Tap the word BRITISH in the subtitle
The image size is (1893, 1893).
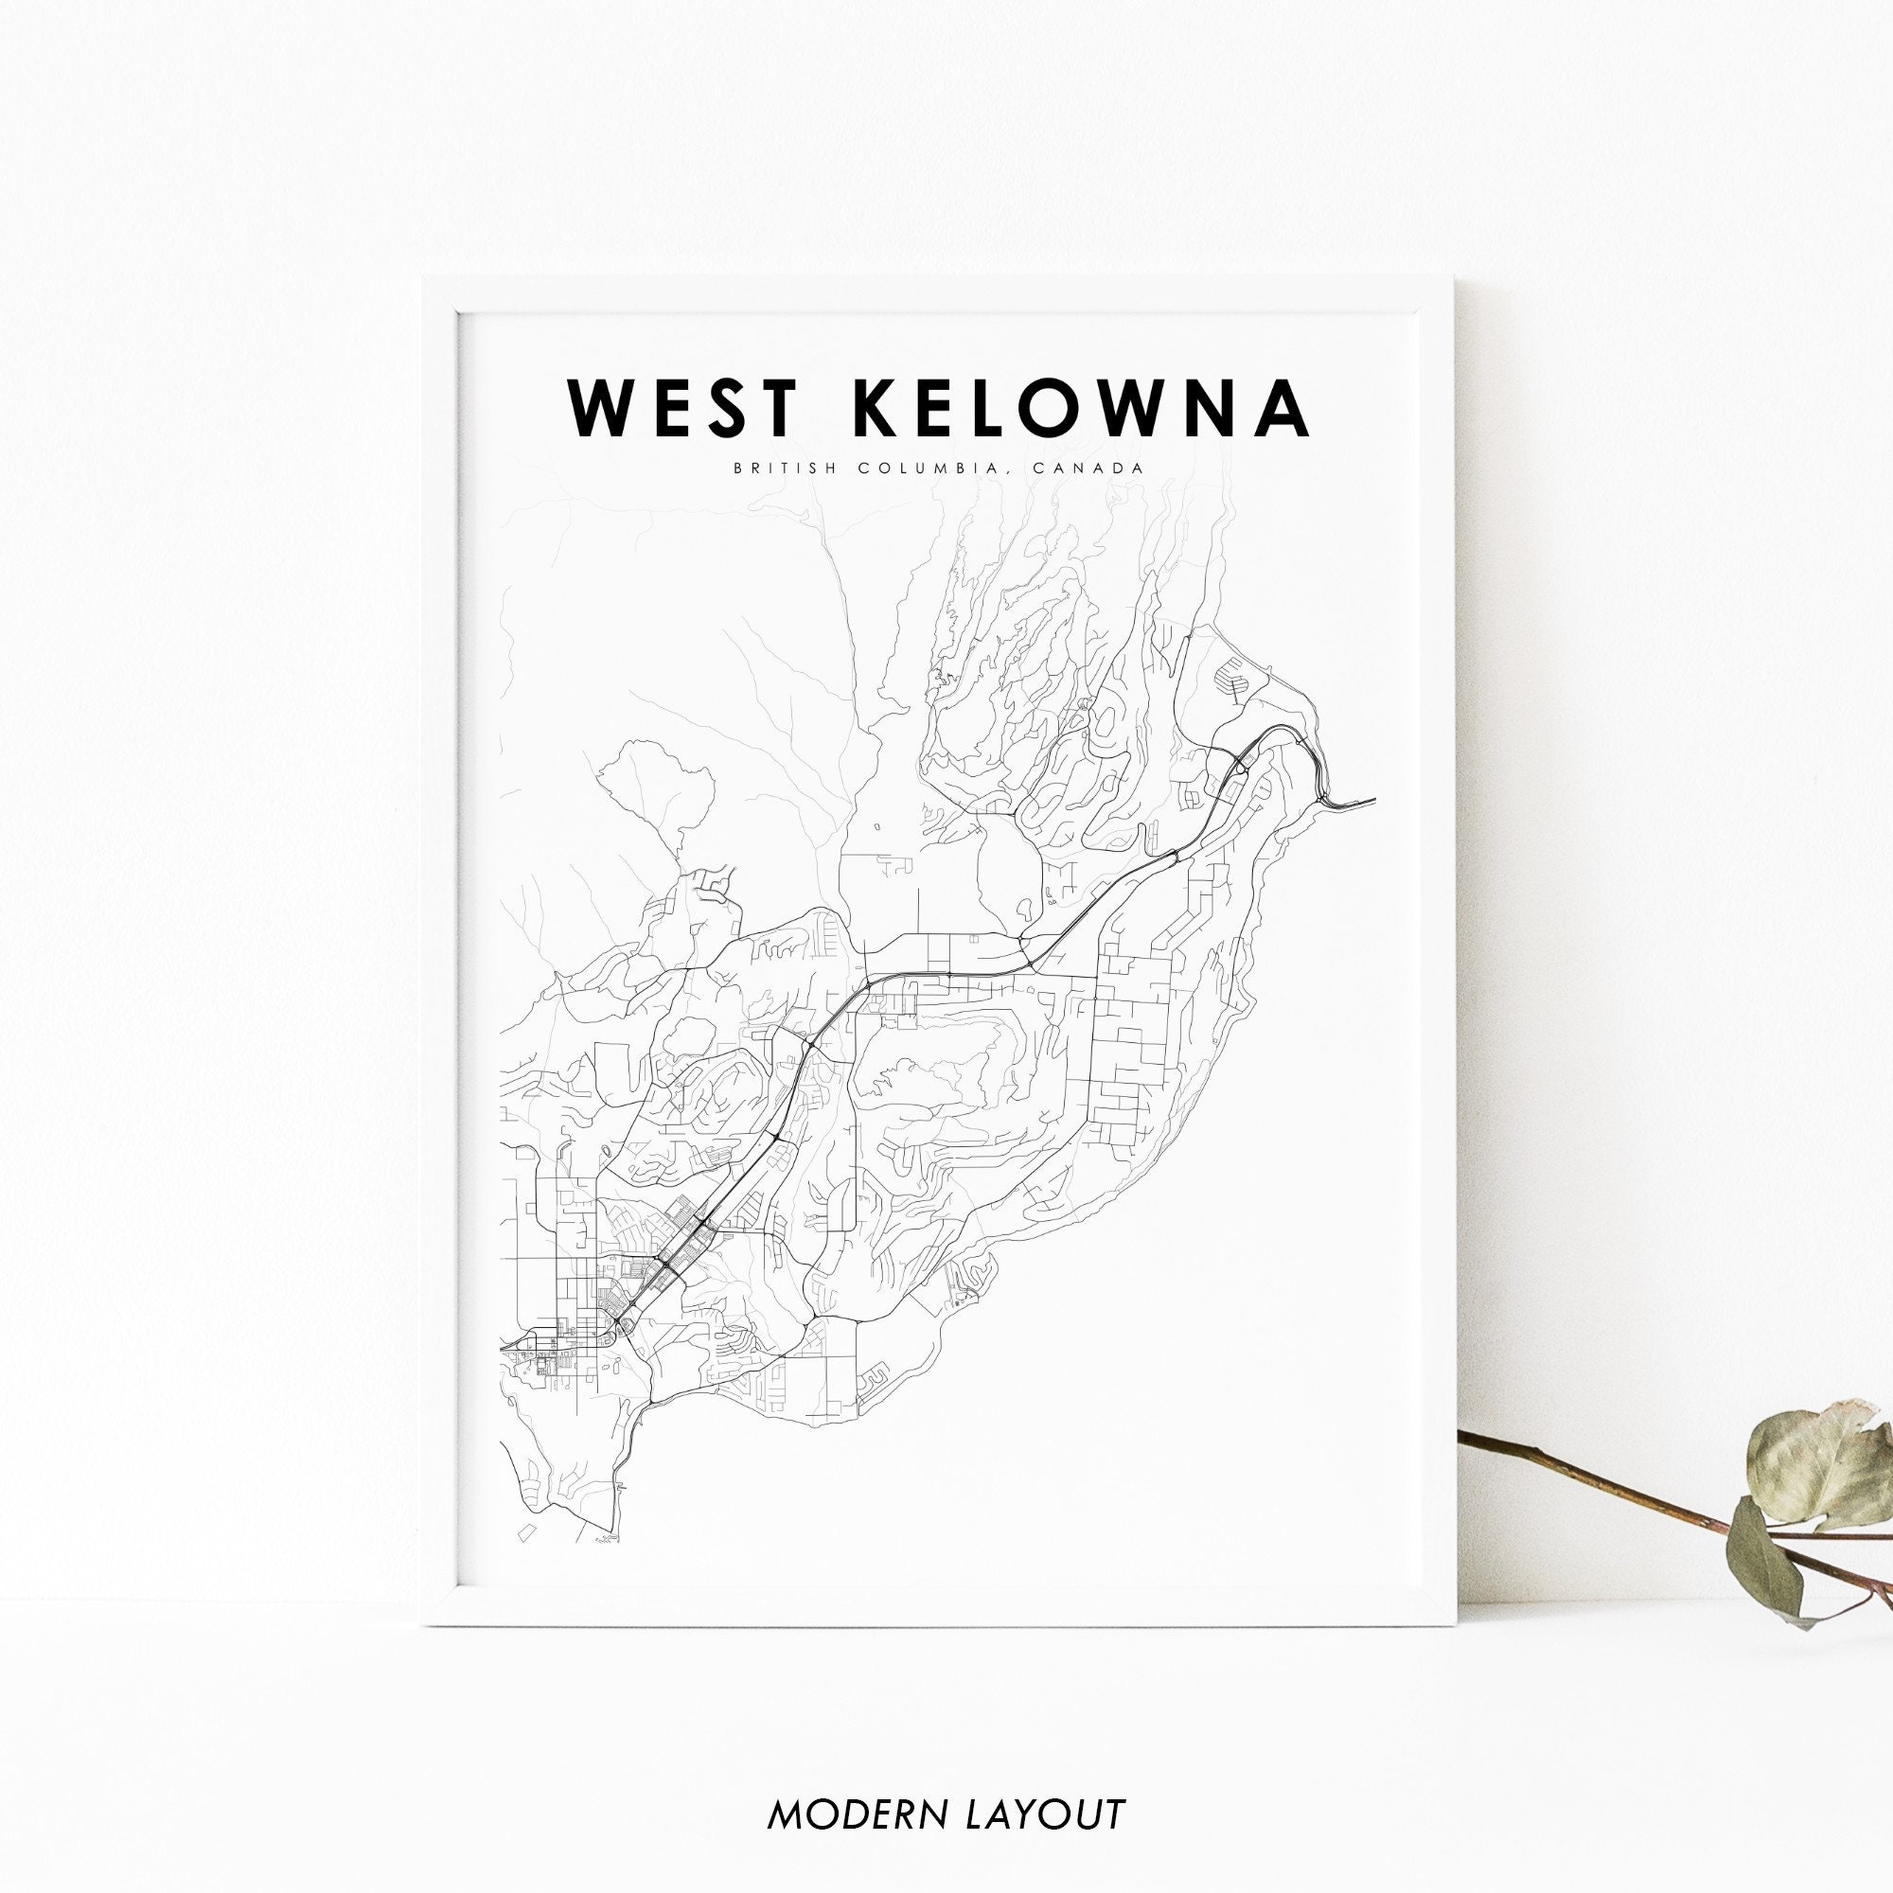[x=781, y=469]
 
